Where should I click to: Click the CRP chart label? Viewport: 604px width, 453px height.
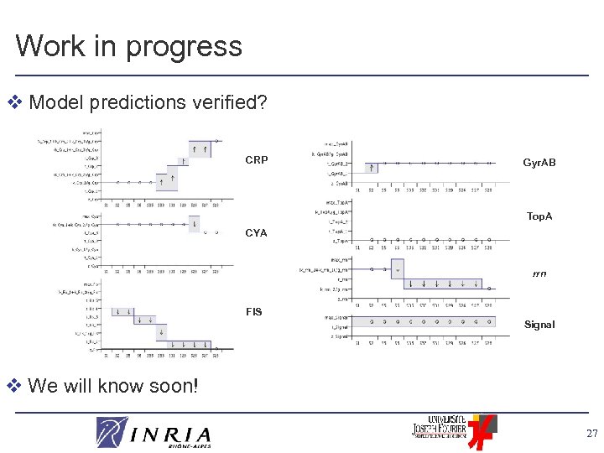[257, 160]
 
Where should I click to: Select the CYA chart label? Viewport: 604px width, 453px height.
[257, 233]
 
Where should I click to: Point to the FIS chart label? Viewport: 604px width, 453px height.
[253, 312]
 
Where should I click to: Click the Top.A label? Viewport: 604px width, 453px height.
[539, 216]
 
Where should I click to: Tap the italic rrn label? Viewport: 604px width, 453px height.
[539, 273]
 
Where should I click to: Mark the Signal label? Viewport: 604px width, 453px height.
[539, 325]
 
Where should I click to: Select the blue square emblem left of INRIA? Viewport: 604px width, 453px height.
[112, 432]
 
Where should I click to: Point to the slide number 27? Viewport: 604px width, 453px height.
[591, 434]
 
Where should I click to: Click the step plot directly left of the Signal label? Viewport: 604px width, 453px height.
[419, 327]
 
